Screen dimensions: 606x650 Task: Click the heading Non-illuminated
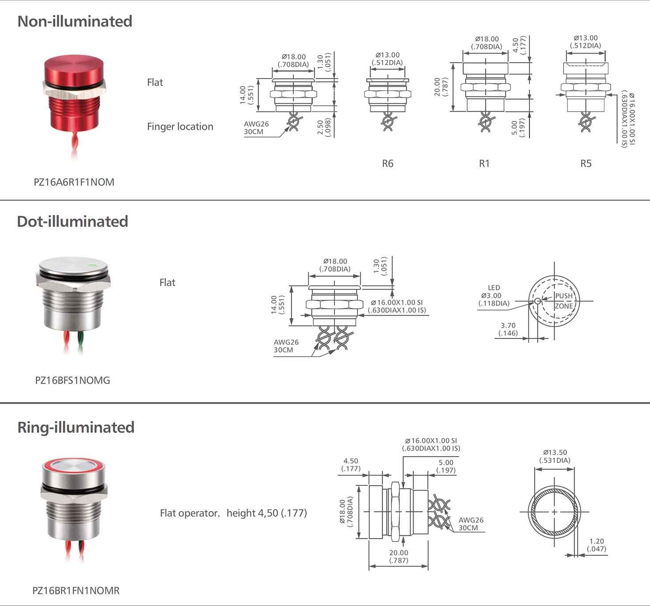click(75, 21)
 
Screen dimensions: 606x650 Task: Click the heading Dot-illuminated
click(72, 221)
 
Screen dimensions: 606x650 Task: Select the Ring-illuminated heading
click(76, 427)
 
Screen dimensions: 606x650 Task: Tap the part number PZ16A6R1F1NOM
click(74, 182)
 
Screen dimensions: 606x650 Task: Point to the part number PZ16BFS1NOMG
click(72, 380)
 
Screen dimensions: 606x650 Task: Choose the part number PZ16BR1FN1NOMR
click(76, 591)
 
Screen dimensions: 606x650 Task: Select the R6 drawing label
click(387, 163)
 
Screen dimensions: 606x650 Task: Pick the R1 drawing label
click(484, 163)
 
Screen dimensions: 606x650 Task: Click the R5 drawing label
click(586, 163)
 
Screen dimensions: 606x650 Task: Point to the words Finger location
click(180, 127)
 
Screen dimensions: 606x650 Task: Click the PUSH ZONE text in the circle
click(564, 301)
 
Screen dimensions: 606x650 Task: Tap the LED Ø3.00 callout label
click(493, 295)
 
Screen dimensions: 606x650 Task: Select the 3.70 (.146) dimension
click(508, 329)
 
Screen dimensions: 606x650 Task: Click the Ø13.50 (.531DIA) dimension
click(555, 456)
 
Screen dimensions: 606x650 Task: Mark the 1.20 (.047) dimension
click(596, 545)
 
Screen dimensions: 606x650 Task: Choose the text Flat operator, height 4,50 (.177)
click(233, 513)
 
